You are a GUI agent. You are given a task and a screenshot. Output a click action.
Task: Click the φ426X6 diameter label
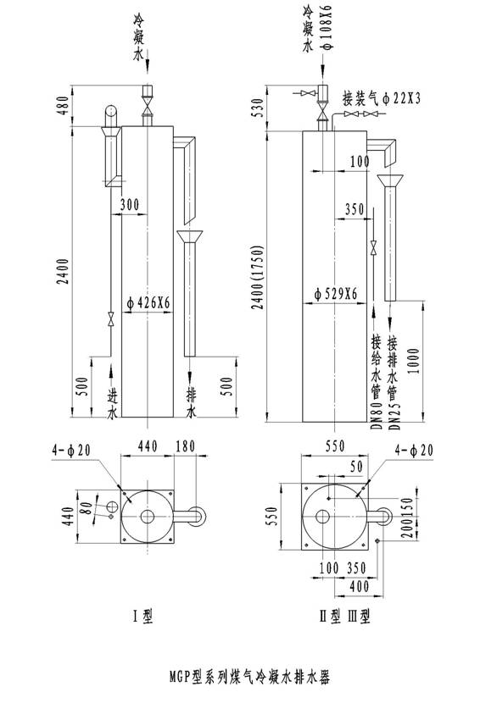tap(148, 303)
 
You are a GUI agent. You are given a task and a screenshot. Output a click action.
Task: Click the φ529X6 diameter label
tap(336, 294)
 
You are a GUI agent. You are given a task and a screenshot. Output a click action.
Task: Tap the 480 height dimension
tap(64, 105)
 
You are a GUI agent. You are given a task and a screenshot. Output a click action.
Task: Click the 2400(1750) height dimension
tap(257, 277)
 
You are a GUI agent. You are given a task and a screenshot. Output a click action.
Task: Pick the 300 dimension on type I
tap(130, 205)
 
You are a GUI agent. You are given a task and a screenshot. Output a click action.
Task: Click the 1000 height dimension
tap(414, 362)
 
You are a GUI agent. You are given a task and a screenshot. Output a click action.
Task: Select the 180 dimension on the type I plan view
tap(185, 446)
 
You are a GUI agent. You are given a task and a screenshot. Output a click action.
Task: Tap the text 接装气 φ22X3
tap(382, 97)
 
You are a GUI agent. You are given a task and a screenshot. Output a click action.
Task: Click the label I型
tap(143, 616)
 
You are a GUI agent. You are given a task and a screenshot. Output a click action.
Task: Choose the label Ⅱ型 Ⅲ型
tap(344, 616)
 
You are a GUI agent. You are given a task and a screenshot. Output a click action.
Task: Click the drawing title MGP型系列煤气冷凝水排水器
tap(249, 676)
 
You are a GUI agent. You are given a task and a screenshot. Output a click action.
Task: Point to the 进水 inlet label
tap(112, 403)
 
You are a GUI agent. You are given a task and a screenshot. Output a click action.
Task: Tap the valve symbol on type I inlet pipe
tap(110, 318)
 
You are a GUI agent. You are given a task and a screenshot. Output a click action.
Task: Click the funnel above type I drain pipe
tap(189, 236)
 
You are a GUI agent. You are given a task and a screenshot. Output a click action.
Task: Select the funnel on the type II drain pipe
tap(390, 180)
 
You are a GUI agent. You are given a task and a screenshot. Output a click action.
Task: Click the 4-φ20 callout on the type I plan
tap(71, 450)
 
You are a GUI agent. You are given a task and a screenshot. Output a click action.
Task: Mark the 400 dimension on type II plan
tap(359, 586)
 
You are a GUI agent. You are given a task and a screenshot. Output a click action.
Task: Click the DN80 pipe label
tap(377, 416)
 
